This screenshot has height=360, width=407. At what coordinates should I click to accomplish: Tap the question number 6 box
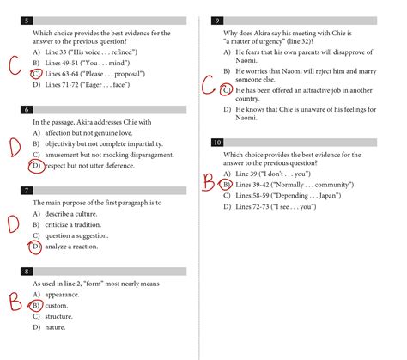click(28, 110)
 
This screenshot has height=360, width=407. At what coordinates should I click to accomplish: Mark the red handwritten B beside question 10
click(209, 181)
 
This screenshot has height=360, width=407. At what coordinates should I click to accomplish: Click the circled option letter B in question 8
click(36, 305)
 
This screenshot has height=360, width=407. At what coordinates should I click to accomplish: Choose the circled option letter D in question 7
click(35, 247)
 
